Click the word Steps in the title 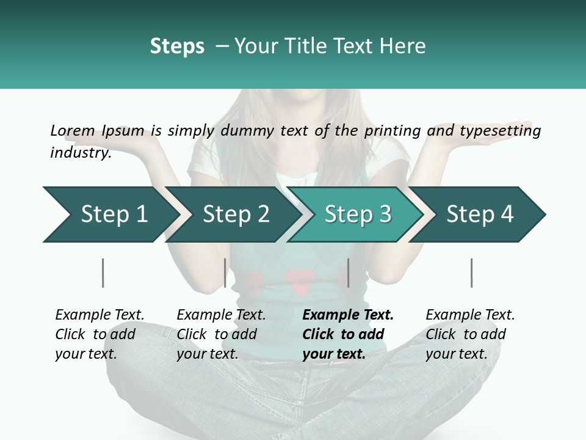pos(177,46)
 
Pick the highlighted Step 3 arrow pos(358,215)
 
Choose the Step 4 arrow pos(480,215)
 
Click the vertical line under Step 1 pos(103,273)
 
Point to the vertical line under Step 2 pos(225,273)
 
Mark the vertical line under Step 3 pos(348,273)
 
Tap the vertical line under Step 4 pos(471,273)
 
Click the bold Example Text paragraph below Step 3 pos(348,334)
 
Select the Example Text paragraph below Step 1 pos(99,334)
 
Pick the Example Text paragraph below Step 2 pos(221,334)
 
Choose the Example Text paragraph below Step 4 pos(470,334)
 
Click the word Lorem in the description pos(73,130)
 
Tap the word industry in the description pos(81,153)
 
